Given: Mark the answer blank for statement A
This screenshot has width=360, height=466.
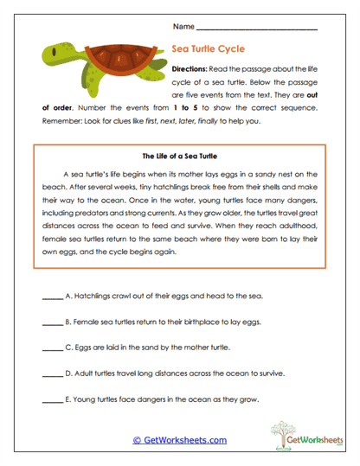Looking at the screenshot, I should (x=52, y=297).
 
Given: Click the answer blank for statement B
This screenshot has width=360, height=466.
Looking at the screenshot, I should (x=52, y=322).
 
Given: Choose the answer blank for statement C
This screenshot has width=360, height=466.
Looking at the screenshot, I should (x=52, y=348).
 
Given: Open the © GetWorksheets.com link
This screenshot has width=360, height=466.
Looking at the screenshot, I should (x=179, y=440).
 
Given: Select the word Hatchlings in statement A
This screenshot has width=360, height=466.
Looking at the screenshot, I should (x=94, y=296).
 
